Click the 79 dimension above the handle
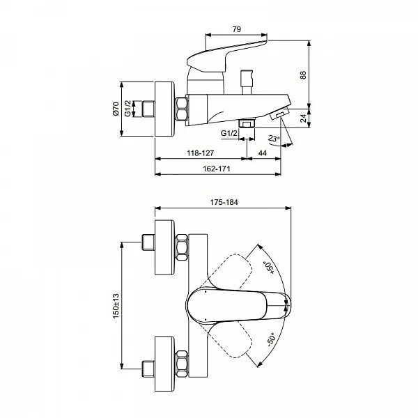(x=236, y=29)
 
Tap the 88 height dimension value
(x=303, y=75)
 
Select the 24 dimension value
(x=303, y=118)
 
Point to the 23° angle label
(x=274, y=139)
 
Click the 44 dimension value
(x=263, y=153)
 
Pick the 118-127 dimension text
(x=201, y=153)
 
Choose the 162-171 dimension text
(x=217, y=169)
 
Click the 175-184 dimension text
(x=224, y=202)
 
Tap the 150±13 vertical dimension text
(x=116, y=306)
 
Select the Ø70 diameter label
(x=116, y=109)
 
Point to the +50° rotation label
(x=269, y=268)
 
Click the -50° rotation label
(x=271, y=340)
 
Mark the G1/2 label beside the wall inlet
(x=128, y=108)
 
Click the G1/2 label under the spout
(x=229, y=133)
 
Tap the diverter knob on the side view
(x=247, y=82)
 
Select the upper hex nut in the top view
(x=182, y=247)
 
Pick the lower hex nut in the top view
(x=182, y=364)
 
